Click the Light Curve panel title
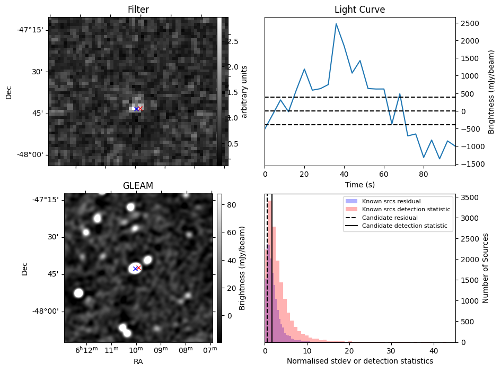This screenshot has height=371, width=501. [359, 10]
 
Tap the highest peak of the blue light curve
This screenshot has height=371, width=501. [336, 24]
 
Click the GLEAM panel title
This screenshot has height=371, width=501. [137, 186]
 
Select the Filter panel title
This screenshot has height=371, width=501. [138, 10]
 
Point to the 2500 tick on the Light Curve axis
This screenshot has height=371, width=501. [468, 23]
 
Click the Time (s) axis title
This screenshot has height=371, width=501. [359, 184]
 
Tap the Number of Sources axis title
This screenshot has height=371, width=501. [486, 268]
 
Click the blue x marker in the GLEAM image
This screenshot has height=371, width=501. [135, 269]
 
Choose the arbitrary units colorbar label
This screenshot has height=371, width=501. [244, 91]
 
